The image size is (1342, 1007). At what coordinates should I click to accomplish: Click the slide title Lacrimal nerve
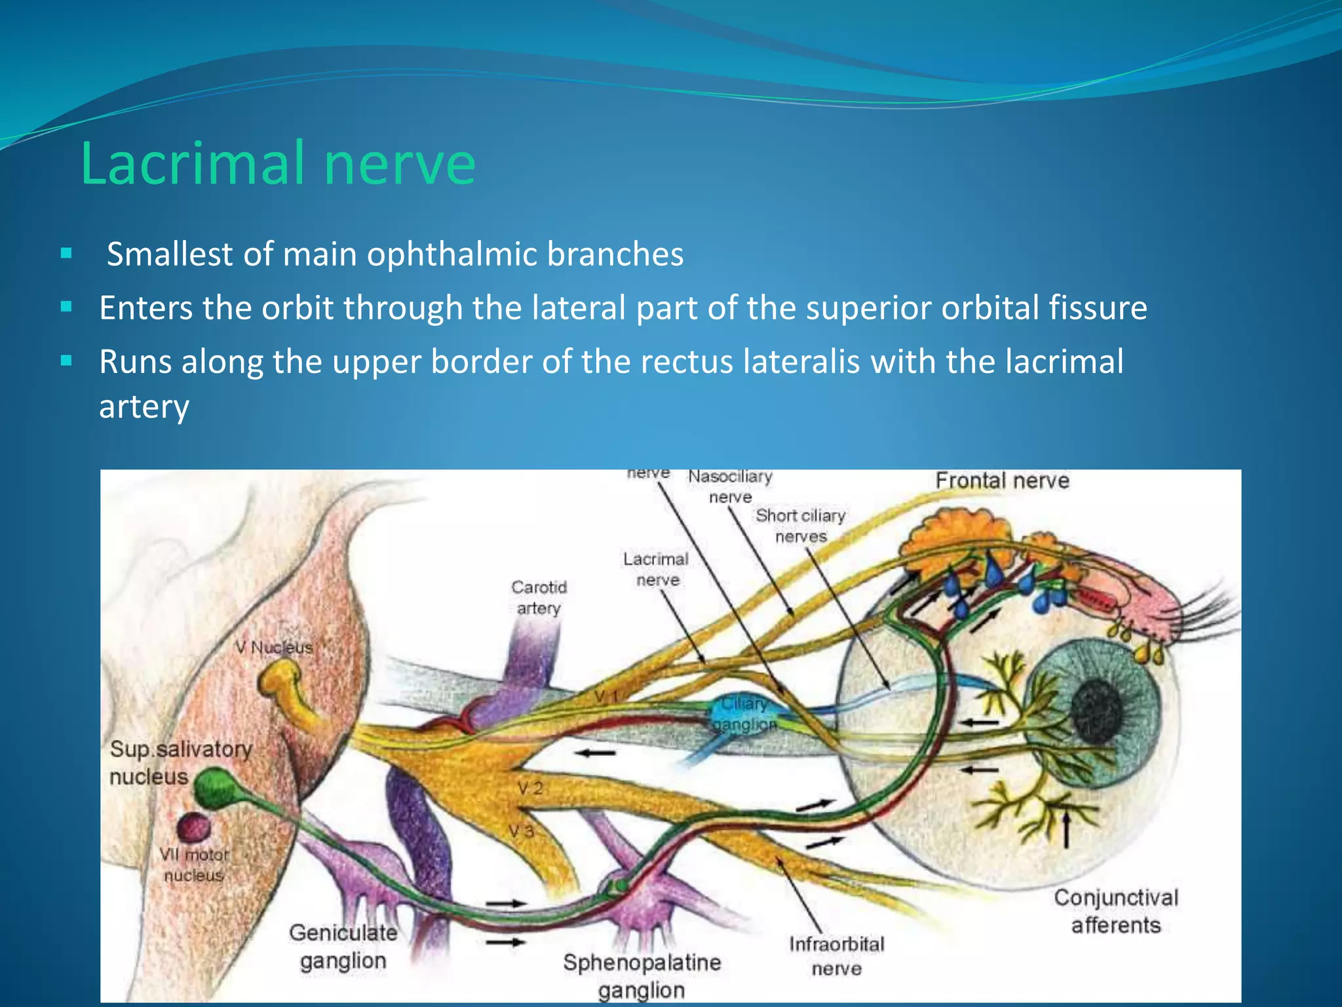(x=278, y=164)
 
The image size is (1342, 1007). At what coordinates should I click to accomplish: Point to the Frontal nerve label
(x=1002, y=481)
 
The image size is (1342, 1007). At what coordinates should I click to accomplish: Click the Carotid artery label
(x=539, y=597)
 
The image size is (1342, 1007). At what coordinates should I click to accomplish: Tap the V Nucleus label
(x=274, y=648)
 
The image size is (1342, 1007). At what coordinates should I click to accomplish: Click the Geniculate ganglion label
(x=343, y=946)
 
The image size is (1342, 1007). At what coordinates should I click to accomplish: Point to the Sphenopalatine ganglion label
(x=642, y=976)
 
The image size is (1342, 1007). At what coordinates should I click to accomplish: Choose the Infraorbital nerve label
(x=836, y=956)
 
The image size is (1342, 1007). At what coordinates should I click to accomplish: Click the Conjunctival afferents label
(x=1116, y=911)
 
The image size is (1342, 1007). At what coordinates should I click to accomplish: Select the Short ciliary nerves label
(x=800, y=526)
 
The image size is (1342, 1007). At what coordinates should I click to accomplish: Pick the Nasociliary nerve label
(x=730, y=486)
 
